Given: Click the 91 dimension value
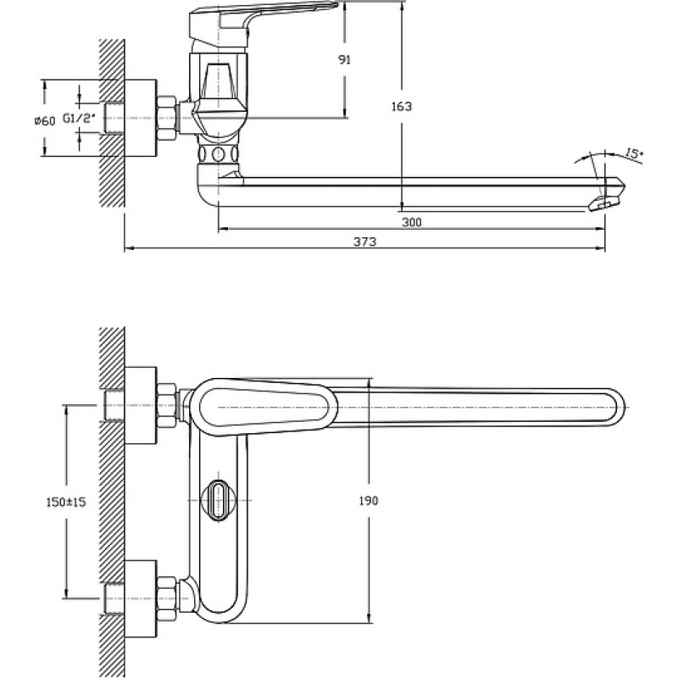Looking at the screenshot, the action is point(344,60).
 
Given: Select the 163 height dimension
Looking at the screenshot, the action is point(402,106).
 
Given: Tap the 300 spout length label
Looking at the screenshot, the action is point(412,222).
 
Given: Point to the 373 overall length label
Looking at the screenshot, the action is point(365,242).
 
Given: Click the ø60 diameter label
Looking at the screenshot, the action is point(45,121).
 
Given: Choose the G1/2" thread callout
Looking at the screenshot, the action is point(78,118).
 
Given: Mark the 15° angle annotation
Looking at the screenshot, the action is point(634,153).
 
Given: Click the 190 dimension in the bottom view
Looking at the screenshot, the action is point(369,501).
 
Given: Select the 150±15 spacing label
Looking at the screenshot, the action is point(66,502).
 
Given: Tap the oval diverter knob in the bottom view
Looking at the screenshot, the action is point(219,500).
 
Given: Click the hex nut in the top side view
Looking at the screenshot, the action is point(166,118).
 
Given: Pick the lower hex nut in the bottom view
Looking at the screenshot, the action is point(166,599).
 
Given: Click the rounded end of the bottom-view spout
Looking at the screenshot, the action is point(618,408).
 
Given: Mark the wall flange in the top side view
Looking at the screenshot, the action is point(141,118).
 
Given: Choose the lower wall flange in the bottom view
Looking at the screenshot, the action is point(141,599).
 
